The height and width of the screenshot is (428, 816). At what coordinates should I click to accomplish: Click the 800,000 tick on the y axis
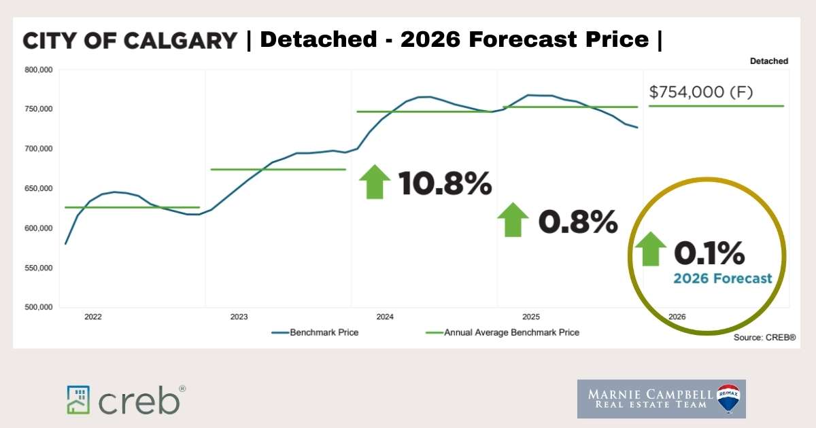(x=37, y=69)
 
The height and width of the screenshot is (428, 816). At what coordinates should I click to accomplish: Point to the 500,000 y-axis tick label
(x=37, y=307)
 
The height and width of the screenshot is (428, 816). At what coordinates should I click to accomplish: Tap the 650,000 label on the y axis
(x=37, y=188)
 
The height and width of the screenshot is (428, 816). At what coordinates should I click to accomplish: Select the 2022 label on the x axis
(x=93, y=317)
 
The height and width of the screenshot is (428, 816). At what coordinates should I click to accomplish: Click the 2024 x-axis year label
(x=385, y=317)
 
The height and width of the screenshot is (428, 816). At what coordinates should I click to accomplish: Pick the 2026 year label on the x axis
(x=677, y=317)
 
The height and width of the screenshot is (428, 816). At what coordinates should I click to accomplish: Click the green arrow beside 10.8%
(x=374, y=181)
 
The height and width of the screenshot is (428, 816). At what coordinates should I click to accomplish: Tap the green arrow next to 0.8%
(x=513, y=219)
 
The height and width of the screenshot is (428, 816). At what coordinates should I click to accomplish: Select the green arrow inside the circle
(x=651, y=249)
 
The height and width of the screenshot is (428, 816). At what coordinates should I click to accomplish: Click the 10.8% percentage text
(x=444, y=183)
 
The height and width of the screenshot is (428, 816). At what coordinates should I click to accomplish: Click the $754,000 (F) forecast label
(x=700, y=92)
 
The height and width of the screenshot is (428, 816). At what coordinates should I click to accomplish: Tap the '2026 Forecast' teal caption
(x=722, y=279)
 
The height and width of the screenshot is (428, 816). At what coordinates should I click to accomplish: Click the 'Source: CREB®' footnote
(x=764, y=338)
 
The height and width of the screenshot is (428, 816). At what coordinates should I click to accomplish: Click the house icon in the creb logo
(x=79, y=399)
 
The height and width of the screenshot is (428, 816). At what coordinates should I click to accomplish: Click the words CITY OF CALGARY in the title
(x=130, y=40)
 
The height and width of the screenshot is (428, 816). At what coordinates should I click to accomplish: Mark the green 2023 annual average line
(x=278, y=169)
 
